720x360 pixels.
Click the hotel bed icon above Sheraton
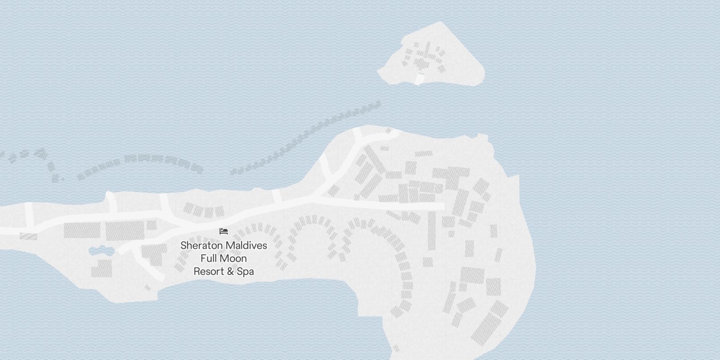[224, 231]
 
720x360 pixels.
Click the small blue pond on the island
[100, 251]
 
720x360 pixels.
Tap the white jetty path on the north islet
[420, 80]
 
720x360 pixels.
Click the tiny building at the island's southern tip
[396, 348]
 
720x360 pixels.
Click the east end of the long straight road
[443, 207]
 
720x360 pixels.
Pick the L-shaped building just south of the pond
[102, 268]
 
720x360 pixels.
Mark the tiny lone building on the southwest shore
[147, 288]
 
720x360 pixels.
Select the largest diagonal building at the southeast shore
[486, 329]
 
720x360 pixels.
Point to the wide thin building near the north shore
[423, 154]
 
